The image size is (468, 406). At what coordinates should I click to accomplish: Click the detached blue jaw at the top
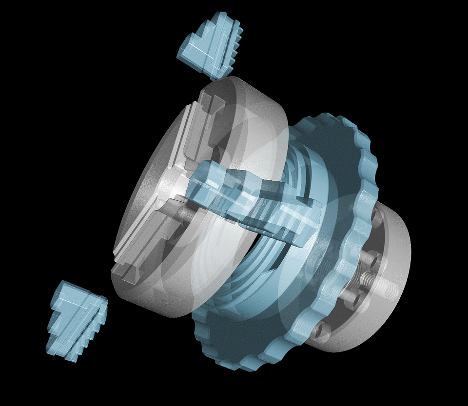[210, 46]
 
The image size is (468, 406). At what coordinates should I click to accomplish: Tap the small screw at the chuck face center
[184, 213]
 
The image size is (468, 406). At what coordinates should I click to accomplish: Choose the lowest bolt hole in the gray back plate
[319, 331]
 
